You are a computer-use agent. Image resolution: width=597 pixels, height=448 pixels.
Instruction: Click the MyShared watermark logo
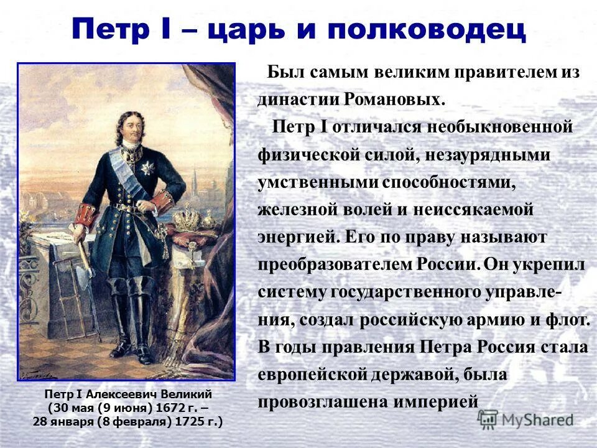click(x=526, y=419)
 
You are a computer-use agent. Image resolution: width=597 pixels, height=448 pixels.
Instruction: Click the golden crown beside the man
click(x=188, y=219)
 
